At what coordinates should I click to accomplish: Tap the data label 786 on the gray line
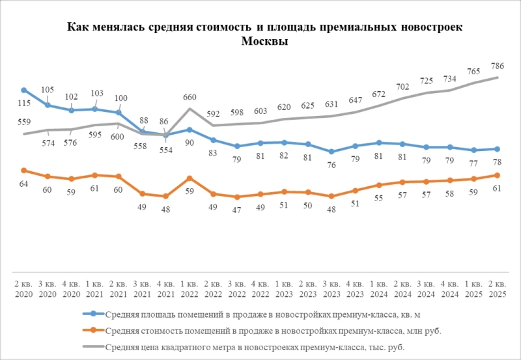498,66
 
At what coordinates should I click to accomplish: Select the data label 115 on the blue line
24,104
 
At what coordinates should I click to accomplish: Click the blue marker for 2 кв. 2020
24,90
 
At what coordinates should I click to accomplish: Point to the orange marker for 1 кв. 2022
190,178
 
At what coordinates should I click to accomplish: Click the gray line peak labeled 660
190,109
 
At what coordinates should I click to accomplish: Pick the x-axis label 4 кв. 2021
166,289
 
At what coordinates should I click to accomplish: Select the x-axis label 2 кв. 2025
497,289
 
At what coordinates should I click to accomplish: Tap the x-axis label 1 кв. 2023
284,289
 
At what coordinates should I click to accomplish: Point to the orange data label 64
24,184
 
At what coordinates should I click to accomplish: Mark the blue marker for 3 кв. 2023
331,152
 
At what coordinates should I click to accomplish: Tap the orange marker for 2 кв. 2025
497,175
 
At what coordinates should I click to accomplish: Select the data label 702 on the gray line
402,87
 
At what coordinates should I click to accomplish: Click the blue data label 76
331,165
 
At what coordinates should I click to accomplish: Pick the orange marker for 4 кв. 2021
166,196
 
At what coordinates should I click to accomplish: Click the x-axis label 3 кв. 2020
48,289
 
